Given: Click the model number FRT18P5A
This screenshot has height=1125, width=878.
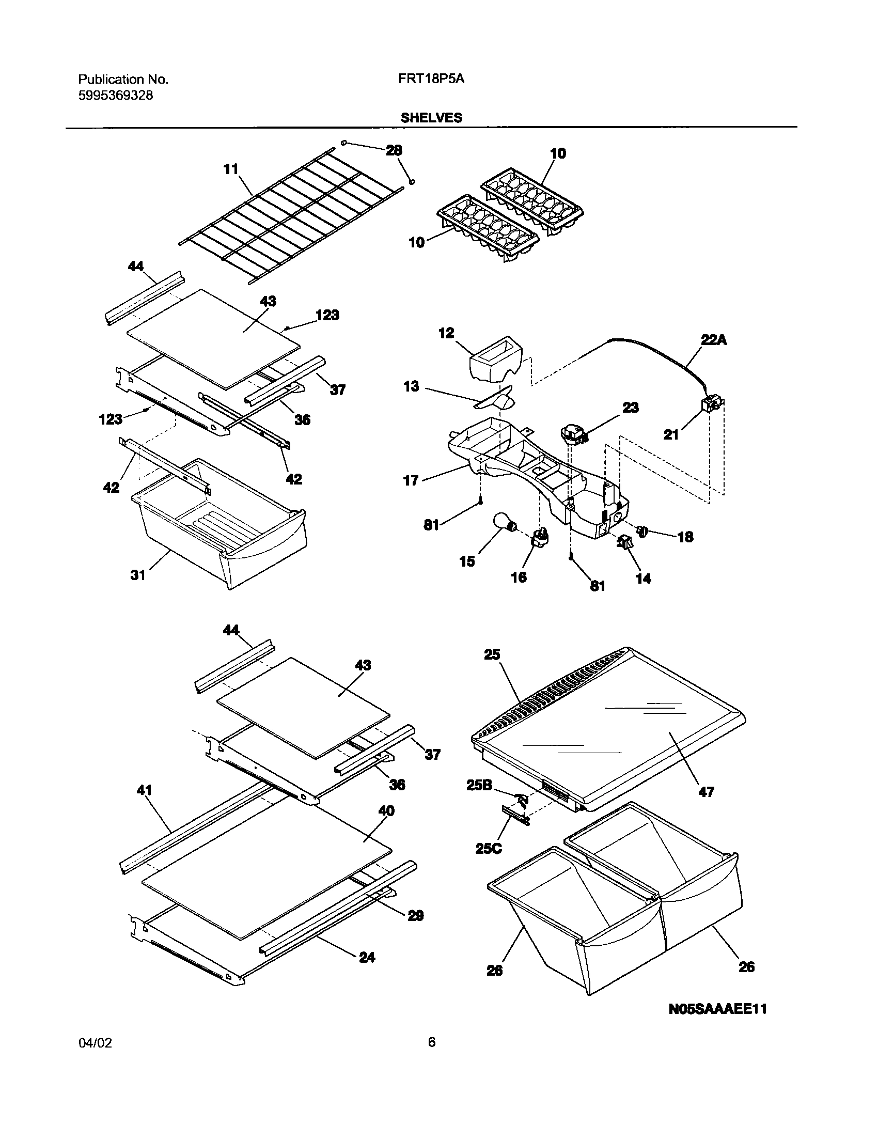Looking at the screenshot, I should point(431,79).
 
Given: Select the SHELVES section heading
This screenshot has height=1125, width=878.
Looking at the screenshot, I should point(431,118).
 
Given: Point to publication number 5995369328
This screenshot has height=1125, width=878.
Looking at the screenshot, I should point(115,96).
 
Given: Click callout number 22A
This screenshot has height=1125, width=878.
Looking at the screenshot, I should point(714,340).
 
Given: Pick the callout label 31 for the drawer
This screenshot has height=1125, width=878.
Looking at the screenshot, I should point(138,575).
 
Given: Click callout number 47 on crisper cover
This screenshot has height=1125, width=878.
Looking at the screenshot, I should point(706,792).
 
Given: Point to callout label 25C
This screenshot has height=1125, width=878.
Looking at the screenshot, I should point(488,848).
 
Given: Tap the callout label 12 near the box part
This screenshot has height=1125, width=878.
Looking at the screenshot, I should point(446,333).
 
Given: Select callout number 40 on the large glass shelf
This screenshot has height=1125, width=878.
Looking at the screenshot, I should point(386,810).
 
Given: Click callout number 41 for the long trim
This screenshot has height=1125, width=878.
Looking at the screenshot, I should point(145,790).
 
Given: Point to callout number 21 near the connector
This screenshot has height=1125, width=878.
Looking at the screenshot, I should point(671,435).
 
